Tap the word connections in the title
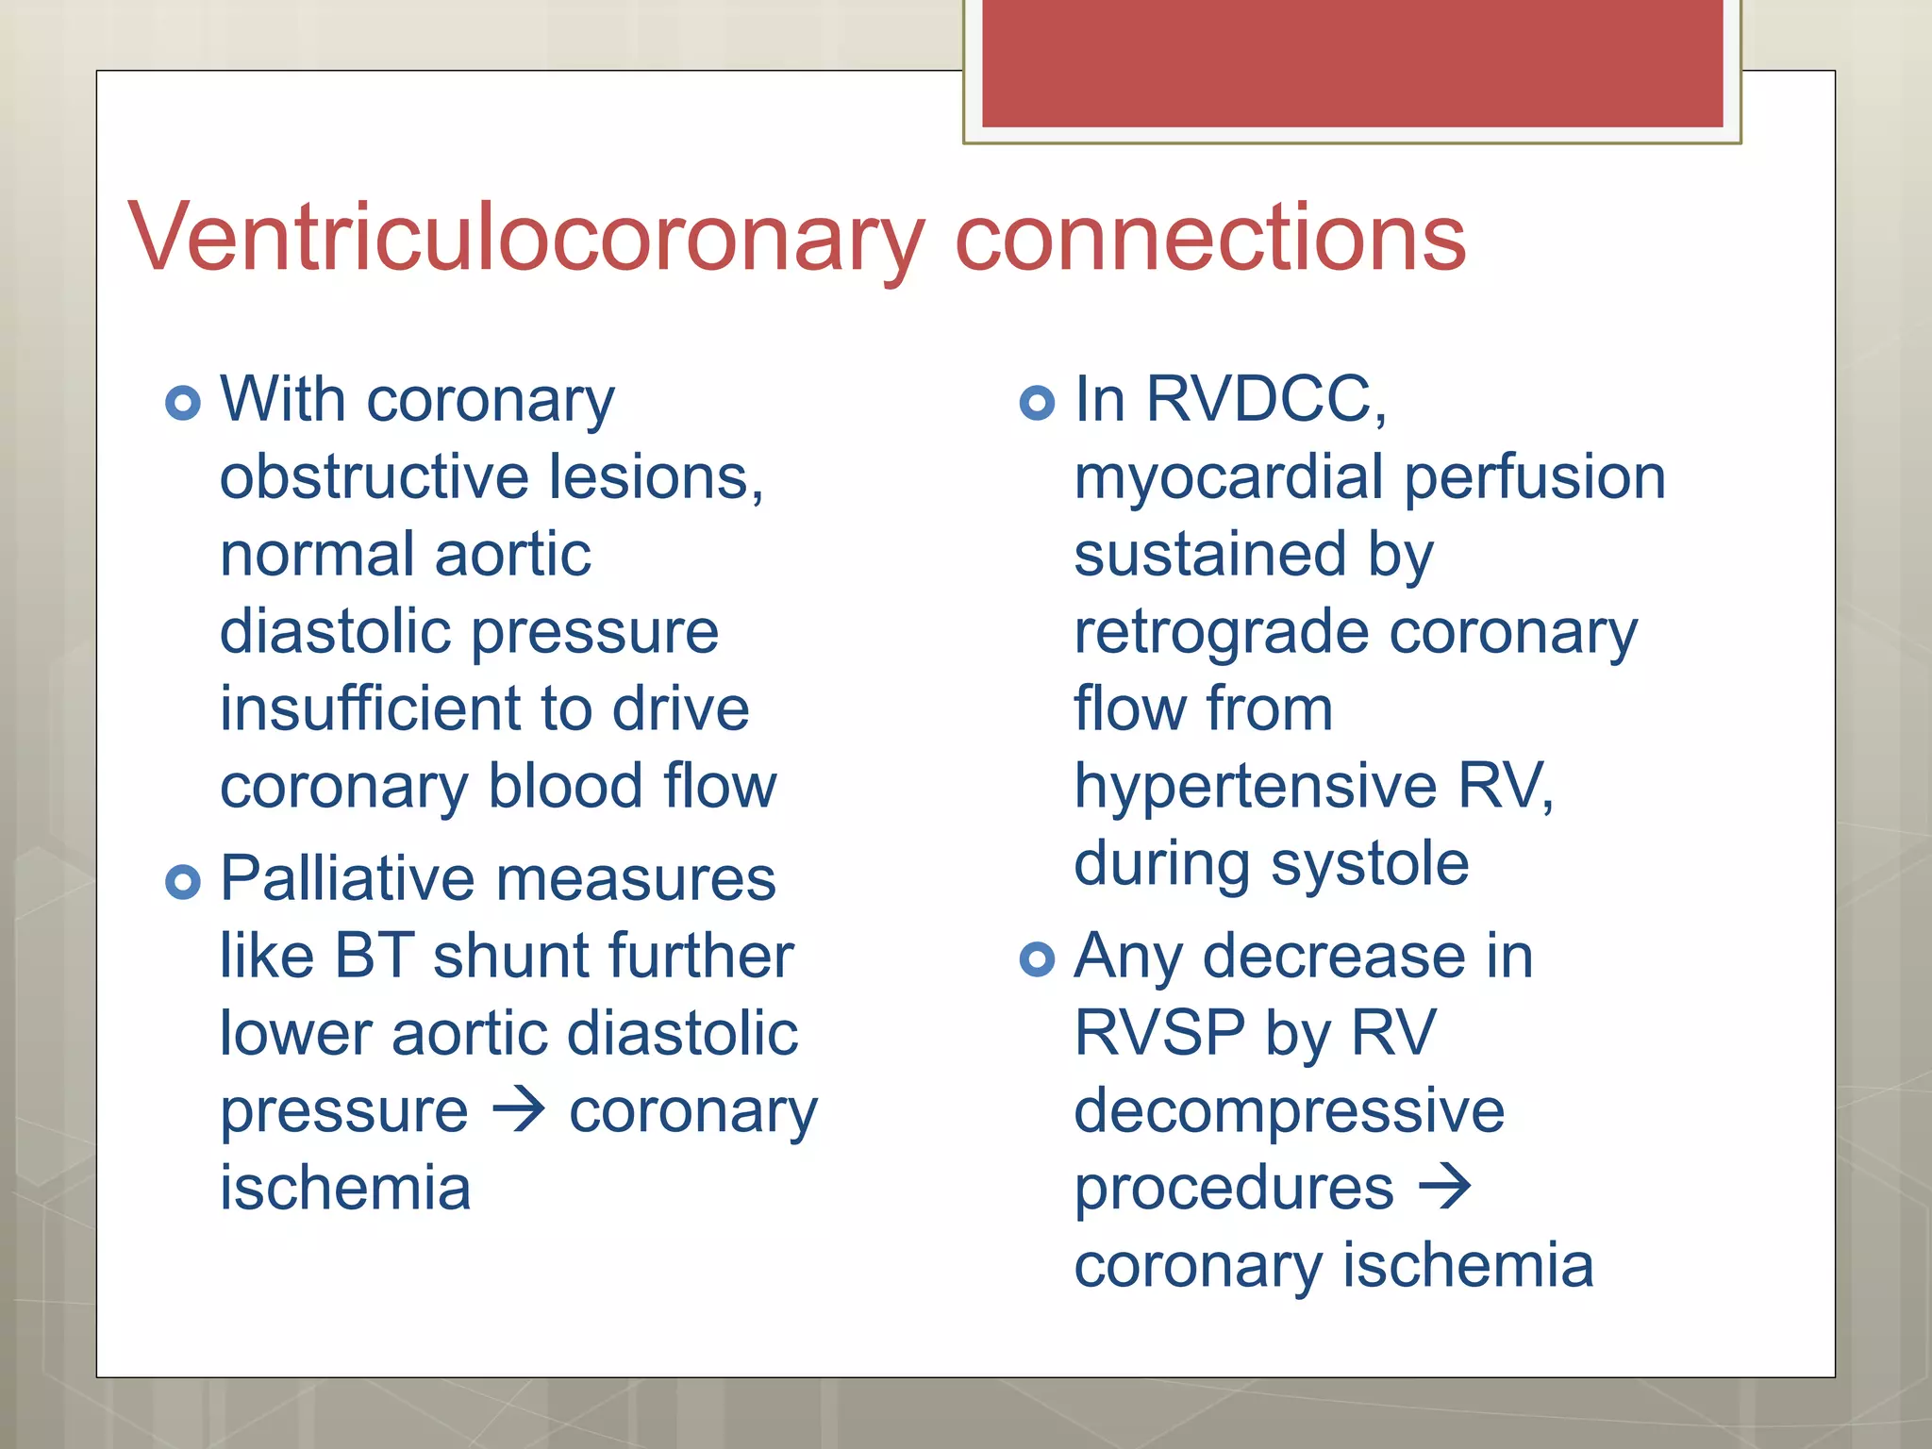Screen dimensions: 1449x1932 1210,238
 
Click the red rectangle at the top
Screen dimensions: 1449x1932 1352,62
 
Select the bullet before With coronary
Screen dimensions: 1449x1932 183,403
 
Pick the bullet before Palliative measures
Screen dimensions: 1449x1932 183,882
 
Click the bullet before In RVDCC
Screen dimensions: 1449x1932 1037,403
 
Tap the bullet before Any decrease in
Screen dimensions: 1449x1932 1037,959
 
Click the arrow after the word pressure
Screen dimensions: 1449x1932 519,1109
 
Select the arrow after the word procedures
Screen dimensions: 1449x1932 1445,1187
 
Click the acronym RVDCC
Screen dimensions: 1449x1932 1264,399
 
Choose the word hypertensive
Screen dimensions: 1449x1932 1255,788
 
